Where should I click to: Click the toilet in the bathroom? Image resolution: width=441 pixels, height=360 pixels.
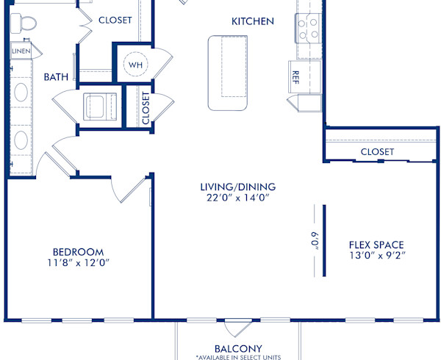pos(27,24)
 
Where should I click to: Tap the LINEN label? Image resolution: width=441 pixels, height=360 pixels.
pos(21,51)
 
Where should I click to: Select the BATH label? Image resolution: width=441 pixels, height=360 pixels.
pos(56,76)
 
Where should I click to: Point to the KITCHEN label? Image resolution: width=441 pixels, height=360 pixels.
pos(252,21)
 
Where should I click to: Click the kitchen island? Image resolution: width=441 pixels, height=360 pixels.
pos(229,72)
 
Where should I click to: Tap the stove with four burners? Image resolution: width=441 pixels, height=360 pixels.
pos(308,28)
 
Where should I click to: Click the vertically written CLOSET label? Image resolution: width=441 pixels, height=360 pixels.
pos(146,107)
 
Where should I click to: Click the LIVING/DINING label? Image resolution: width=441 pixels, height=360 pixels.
pos(234,186)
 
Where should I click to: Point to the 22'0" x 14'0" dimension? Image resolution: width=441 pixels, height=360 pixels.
pos(234,198)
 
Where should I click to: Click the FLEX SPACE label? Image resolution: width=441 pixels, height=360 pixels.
pos(376,245)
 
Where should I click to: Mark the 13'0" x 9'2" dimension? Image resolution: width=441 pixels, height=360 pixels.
pos(376,256)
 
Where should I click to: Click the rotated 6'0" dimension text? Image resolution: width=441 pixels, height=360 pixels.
pos(313,241)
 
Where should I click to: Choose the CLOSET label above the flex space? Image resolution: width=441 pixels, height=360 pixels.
pos(377,151)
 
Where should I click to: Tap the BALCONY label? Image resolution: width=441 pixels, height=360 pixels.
pos(238,348)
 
